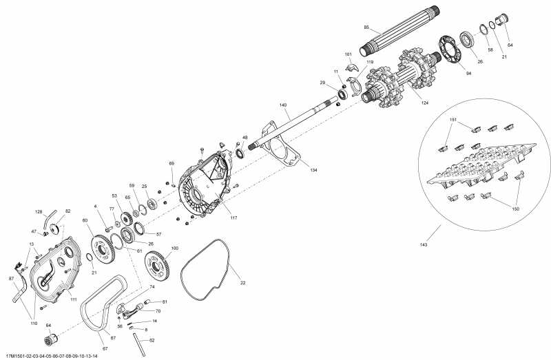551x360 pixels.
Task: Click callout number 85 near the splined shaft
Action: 367,28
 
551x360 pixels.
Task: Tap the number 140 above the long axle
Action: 282,105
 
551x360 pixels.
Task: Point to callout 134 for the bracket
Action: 313,169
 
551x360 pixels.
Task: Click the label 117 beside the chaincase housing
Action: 233,218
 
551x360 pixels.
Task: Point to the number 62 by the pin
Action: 152,340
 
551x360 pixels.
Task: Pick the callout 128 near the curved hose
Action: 39,211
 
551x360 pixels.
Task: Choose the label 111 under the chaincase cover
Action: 73,299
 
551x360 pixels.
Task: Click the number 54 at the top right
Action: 510,45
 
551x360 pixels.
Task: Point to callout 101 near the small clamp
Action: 349,54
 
